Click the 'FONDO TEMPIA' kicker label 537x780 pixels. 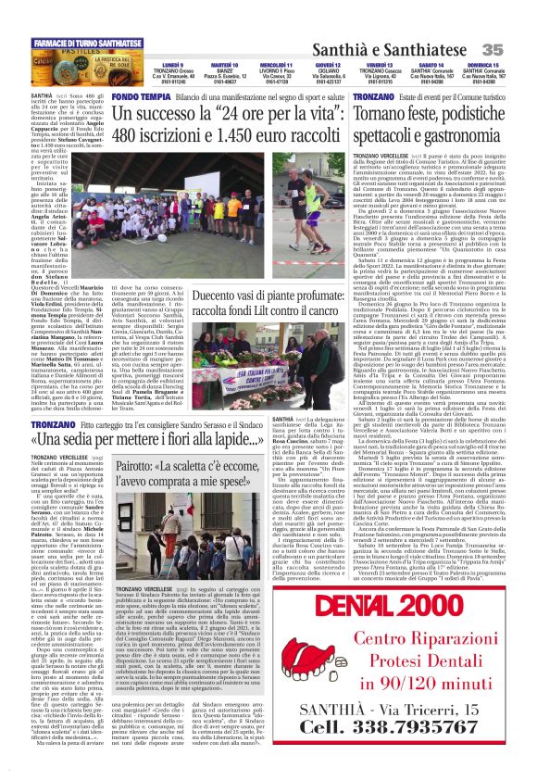(137, 97)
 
